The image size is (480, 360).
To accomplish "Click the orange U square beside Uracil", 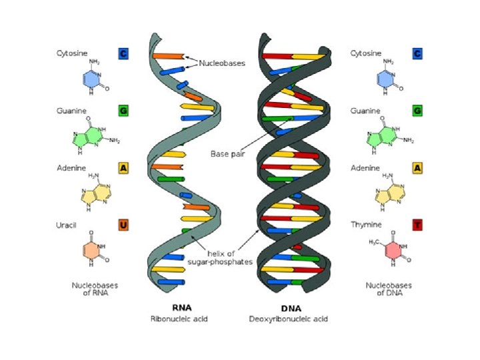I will pos(123,225).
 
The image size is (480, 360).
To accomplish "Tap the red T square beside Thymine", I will pos(417,225).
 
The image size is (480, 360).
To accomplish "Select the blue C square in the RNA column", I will pos(123,53).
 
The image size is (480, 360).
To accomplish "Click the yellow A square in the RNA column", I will pos(123,168).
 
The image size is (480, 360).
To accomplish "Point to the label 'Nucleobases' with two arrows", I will pos(222,64).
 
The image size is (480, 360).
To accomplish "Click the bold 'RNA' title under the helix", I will pos(182,308).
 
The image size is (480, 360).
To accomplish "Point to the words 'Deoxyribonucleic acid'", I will pos(289,319).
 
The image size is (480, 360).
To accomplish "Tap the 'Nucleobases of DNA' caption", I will pos(389,289).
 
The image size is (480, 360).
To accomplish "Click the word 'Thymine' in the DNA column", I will pos(366,225).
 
